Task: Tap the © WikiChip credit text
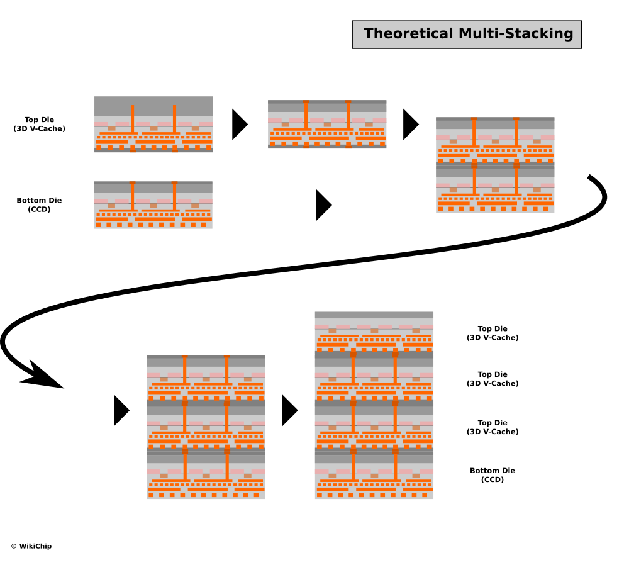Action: click(31, 546)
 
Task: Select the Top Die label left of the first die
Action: click(40, 124)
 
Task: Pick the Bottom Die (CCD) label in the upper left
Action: click(40, 204)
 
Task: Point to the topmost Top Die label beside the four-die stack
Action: click(493, 333)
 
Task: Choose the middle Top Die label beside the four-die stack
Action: click(493, 379)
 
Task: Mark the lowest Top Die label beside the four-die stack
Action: click(493, 427)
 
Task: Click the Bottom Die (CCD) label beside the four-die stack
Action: click(493, 475)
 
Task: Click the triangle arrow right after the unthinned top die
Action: click(239, 125)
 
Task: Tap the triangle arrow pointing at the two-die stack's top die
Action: click(410, 125)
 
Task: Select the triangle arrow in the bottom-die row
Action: click(323, 205)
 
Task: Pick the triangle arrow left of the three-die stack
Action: click(121, 410)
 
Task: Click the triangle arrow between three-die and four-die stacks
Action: click(289, 410)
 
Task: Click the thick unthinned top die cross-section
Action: click(153, 124)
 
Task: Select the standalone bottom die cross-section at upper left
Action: click(153, 204)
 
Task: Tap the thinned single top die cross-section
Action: click(327, 124)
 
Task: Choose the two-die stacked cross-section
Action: click(495, 165)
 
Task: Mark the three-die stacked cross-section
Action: click(206, 427)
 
